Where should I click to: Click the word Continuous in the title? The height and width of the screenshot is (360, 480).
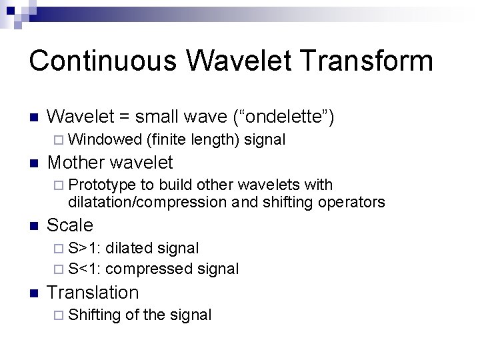point(103,60)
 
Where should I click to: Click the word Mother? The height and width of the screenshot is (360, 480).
point(79,162)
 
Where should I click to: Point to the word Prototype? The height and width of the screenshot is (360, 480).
point(102,185)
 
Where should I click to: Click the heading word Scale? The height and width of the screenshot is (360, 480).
point(70,225)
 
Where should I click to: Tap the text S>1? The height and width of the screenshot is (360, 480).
point(85,248)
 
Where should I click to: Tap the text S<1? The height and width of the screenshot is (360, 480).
point(85,269)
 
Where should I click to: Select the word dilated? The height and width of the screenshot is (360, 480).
point(129,248)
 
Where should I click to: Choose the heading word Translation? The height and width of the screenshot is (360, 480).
point(93,292)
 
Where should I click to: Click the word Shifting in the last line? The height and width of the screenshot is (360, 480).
point(94,315)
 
